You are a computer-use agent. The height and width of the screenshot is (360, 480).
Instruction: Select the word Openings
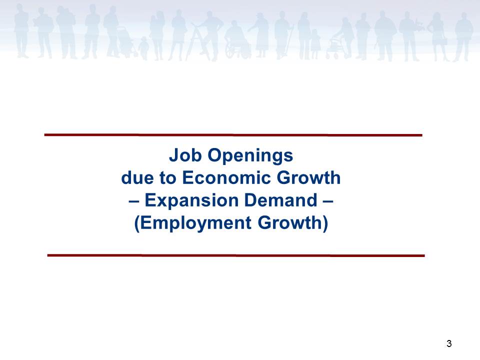pos(250,156)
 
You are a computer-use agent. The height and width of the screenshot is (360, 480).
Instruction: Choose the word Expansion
pos(191,201)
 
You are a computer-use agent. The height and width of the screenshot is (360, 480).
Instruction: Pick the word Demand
pos(280,200)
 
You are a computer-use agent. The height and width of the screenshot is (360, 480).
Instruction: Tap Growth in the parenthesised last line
pos(289,222)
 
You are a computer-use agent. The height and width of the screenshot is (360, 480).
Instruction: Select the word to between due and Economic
pos(168,178)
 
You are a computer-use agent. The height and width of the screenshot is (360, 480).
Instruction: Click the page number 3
pos(449,343)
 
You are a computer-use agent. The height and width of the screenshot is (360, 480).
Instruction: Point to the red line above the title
pos(233,134)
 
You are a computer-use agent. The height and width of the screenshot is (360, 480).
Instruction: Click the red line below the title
pos(236,255)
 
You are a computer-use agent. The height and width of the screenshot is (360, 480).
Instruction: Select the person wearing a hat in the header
pos(260,34)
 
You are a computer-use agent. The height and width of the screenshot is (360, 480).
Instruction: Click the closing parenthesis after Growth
pos(325,223)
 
